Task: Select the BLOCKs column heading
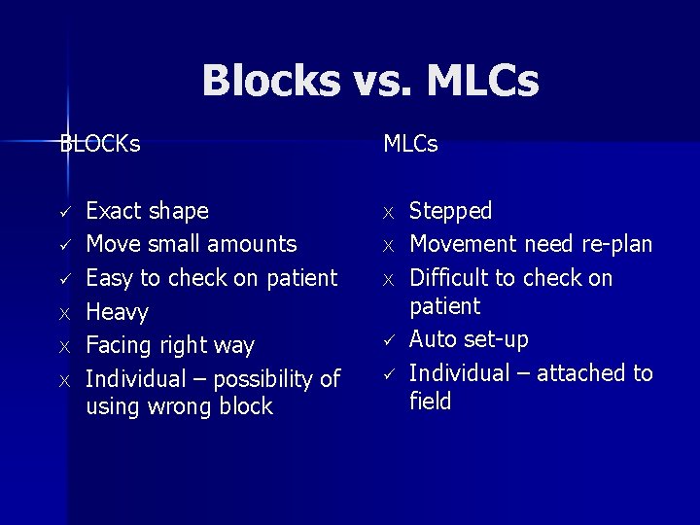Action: (99, 144)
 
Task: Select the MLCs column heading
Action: (410, 144)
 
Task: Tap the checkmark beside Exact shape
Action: (65, 212)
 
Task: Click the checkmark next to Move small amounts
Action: (65, 245)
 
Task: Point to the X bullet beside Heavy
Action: (65, 313)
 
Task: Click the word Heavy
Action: (117, 312)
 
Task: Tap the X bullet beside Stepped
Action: (388, 212)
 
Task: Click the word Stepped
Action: (450, 211)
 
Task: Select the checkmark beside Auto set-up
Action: (388, 340)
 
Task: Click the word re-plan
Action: (616, 244)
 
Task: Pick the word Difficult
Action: (450, 278)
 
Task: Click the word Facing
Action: (120, 346)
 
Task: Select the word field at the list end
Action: (430, 402)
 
